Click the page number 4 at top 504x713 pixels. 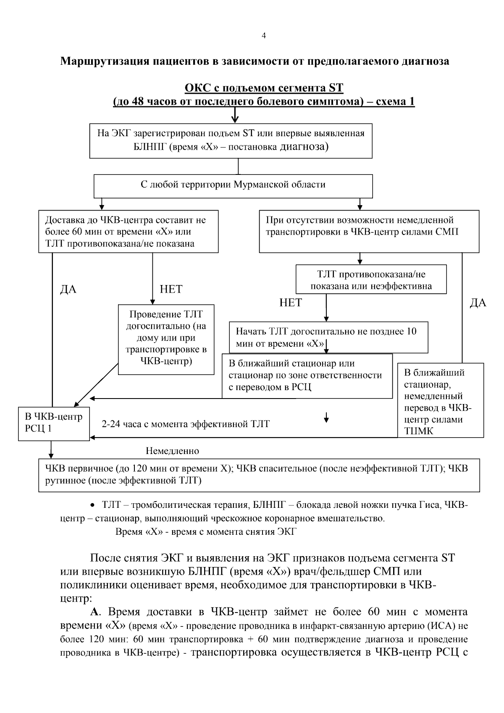[263, 36]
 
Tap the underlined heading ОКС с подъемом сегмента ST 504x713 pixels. [264, 88]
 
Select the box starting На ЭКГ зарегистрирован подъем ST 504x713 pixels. [231, 140]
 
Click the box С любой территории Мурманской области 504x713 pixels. [233, 185]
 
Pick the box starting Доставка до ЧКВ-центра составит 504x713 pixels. [128, 232]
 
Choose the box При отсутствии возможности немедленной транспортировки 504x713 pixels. [369, 232]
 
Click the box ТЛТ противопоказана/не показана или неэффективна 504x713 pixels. [371, 280]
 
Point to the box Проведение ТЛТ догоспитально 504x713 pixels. [166, 339]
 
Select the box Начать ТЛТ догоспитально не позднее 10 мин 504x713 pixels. [328, 337]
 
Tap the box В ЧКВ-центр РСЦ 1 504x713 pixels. [54, 423]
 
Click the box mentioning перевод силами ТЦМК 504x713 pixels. [440, 401]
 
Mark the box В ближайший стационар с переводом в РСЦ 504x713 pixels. [307, 375]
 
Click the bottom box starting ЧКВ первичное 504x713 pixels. [259, 475]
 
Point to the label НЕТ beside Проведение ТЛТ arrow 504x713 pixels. [171, 289]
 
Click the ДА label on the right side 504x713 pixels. [478, 303]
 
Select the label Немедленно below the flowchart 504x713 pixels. [172, 451]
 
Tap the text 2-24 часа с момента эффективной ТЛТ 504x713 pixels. [186, 424]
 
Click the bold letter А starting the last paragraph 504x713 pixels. [94, 612]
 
